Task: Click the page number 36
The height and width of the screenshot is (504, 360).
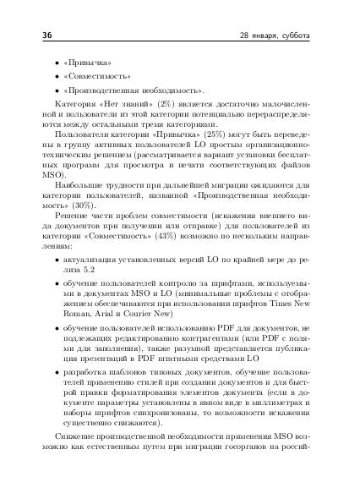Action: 36,36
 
